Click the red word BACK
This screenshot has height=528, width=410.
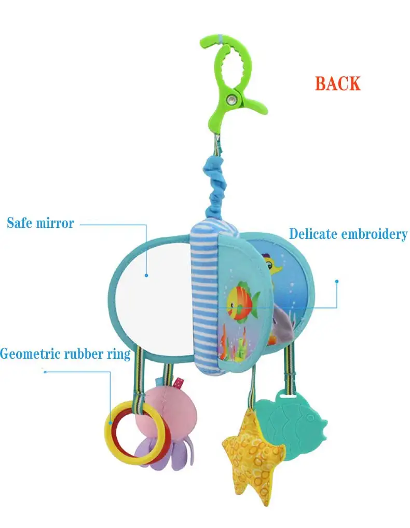[337, 84]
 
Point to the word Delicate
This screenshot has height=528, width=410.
[313, 234]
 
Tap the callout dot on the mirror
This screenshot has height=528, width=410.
[147, 276]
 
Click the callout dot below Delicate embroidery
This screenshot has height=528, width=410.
[337, 282]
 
